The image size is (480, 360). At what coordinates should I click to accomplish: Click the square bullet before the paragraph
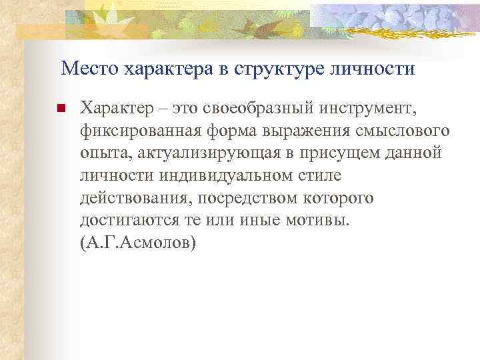(x=59, y=107)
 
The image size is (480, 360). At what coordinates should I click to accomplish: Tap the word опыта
(x=99, y=154)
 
